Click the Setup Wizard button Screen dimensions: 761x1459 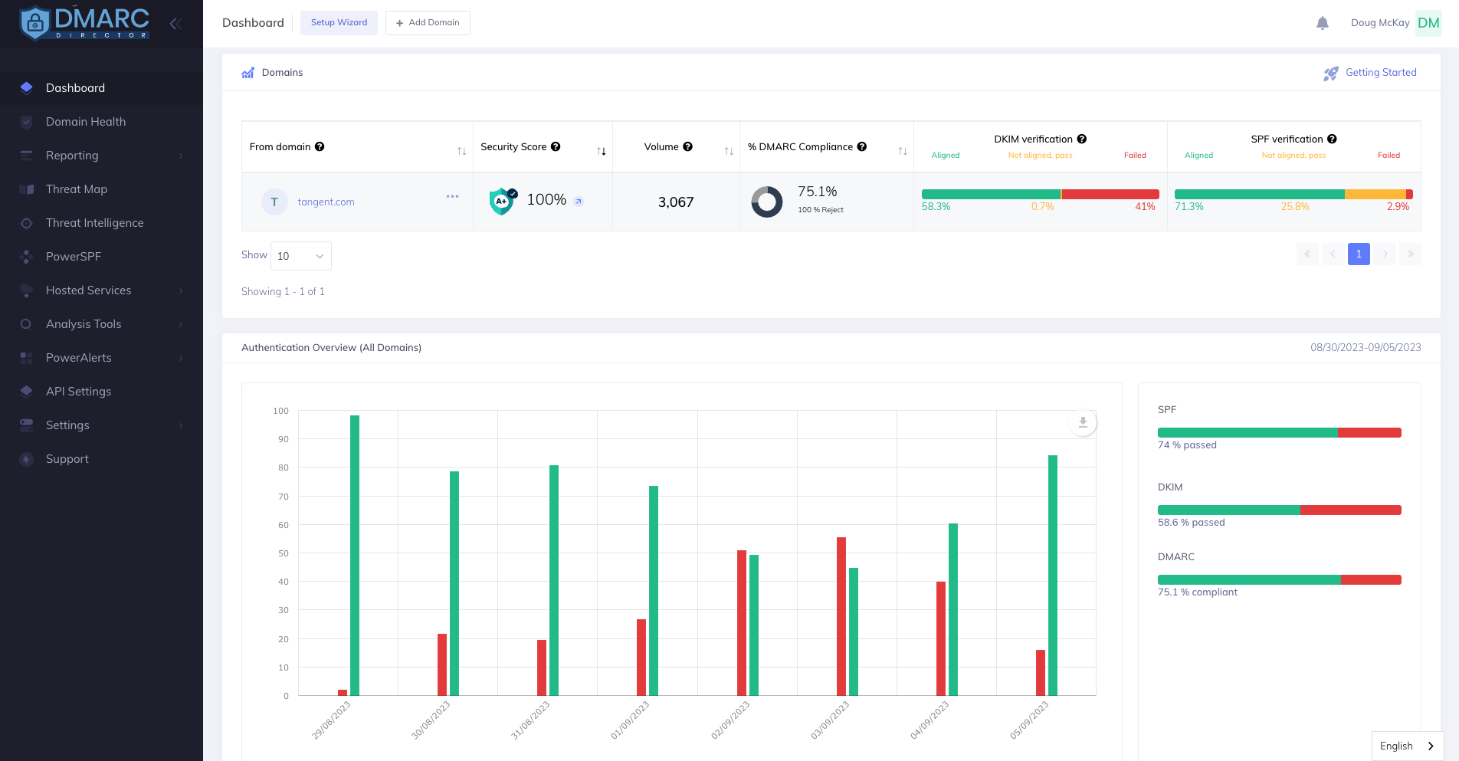pos(339,23)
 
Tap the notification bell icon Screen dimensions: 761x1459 pos(1322,23)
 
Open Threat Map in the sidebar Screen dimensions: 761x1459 pos(77,189)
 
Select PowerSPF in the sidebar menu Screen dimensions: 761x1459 pos(74,257)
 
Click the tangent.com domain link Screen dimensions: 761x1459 pos(326,202)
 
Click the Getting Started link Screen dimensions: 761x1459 pos(1381,73)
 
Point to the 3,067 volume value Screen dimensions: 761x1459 pos(676,202)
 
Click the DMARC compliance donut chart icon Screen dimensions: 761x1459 pos(766,202)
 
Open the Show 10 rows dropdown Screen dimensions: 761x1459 pos(300,256)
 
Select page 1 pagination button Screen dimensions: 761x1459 pos(1359,254)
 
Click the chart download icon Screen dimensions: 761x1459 pos(1083,422)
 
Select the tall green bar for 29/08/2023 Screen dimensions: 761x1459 pos(355,555)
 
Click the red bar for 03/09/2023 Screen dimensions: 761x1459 pos(841,616)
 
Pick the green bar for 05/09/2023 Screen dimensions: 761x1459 pos(1053,575)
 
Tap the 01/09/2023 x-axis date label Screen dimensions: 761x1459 pos(631,720)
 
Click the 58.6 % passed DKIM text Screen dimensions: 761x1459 pos(1191,523)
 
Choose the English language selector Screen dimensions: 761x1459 pos(1407,746)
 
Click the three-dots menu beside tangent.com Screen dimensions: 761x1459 pos(452,197)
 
